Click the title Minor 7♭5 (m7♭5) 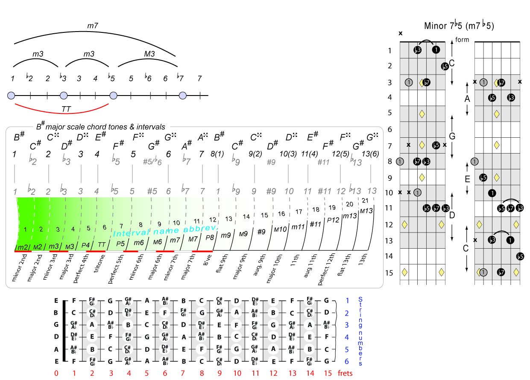point(459,26)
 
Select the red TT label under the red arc point(66,109)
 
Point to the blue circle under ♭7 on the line point(183,95)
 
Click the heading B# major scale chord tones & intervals point(101,127)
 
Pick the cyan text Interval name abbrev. point(166,229)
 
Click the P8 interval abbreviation point(210,238)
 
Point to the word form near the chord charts point(462,40)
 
